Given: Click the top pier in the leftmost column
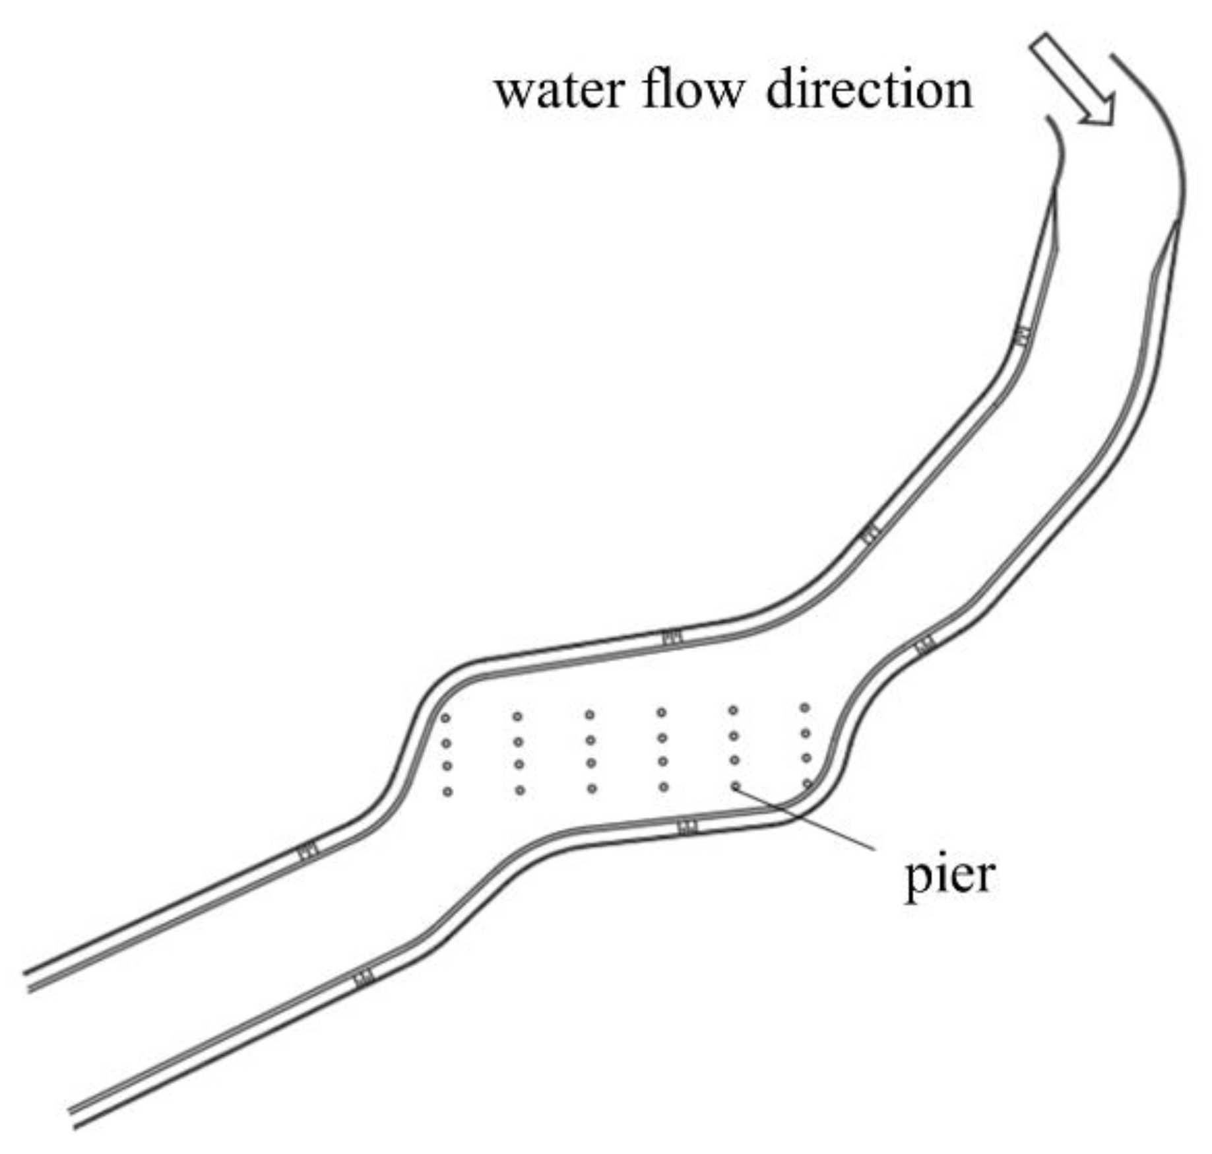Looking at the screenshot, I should click(445, 718).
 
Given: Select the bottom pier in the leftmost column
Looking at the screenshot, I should click(447, 792).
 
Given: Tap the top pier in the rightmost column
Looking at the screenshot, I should click(805, 708).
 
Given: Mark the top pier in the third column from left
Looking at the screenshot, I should click(590, 715).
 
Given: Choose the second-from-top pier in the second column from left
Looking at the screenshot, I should click(518, 742).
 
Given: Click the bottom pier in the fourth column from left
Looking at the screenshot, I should click(664, 787).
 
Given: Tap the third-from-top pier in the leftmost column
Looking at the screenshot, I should click(447, 766).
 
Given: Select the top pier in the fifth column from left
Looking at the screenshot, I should click(733, 710).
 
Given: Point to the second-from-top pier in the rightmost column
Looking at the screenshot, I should click(806, 733).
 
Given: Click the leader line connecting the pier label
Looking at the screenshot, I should click(805, 817).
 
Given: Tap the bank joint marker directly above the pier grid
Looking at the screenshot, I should click(672, 638).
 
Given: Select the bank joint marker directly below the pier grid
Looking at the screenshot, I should click(687, 827).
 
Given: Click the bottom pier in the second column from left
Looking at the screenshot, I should click(520, 790).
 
